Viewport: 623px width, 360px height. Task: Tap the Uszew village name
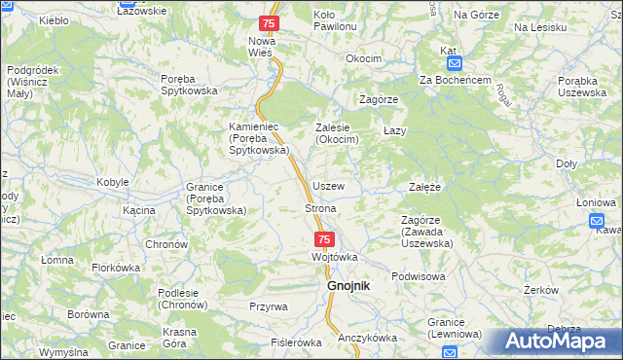pyautogui.click(x=328, y=185)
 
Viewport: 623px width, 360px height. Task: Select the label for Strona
pyautogui.click(x=320, y=209)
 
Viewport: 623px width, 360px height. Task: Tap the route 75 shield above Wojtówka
pyautogui.click(x=324, y=238)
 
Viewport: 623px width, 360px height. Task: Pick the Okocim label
pyautogui.click(x=364, y=58)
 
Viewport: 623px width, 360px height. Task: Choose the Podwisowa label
pyautogui.click(x=418, y=275)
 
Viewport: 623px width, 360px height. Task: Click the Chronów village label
pyautogui.click(x=165, y=244)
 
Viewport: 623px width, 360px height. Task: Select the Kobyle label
pyautogui.click(x=114, y=183)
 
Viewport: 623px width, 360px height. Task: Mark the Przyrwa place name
pyautogui.click(x=268, y=306)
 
